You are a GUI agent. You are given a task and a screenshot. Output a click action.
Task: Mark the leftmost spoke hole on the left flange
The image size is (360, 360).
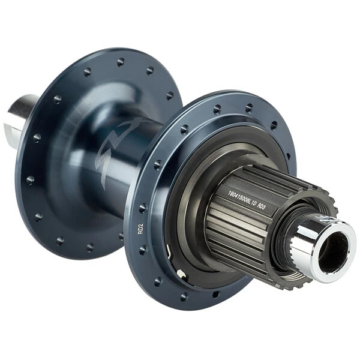[30, 179]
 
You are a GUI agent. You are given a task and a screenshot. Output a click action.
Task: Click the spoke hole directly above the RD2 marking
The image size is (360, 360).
[142, 208]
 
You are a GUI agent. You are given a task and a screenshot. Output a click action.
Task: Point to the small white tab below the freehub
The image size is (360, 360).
[181, 273]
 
